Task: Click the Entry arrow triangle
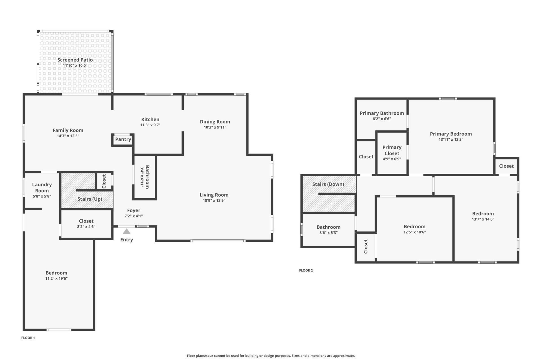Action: tap(126, 232)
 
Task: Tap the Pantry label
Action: tap(123, 139)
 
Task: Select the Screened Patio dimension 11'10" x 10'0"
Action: tap(75, 65)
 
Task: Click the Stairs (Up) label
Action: tap(90, 199)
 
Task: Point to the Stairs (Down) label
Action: tap(328, 184)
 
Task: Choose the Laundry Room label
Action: tap(42, 188)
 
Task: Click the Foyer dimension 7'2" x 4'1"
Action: tap(134, 216)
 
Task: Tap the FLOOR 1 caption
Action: tap(28, 338)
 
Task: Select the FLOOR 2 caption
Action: tap(306, 270)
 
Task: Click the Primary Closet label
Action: tap(392, 150)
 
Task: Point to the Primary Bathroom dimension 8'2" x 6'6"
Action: tap(382, 119)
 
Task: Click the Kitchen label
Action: tap(150, 119)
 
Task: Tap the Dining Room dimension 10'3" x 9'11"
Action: tap(215, 127)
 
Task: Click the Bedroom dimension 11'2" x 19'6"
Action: tap(56, 278)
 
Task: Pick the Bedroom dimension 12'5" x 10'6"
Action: tap(414, 232)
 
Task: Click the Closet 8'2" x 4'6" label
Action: tap(86, 221)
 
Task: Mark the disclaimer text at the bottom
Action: tap(271, 356)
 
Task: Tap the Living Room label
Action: tap(214, 195)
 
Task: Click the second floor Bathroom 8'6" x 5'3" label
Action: tap(328, 227)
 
